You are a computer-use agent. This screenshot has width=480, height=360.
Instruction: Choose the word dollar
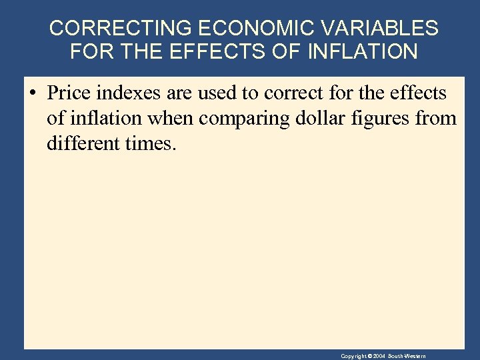point(315,119)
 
